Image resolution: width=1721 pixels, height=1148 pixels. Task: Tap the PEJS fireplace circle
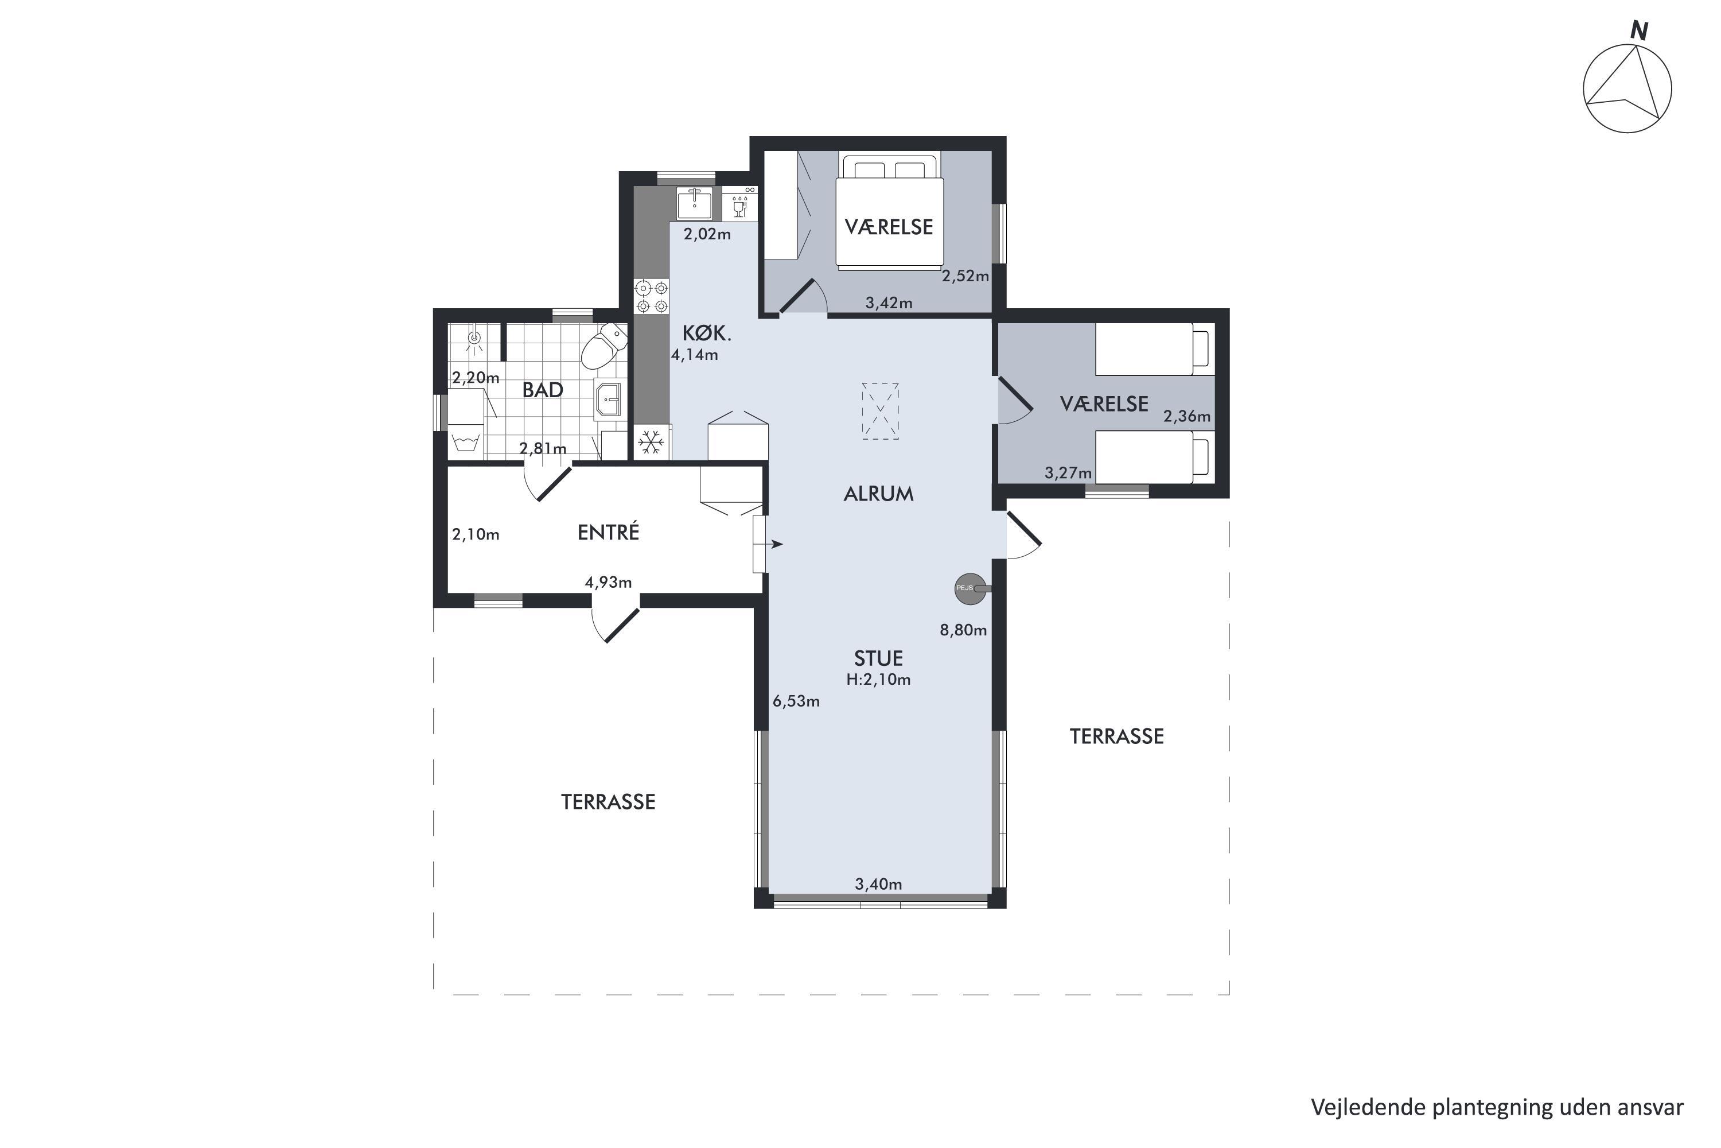click(969, 589)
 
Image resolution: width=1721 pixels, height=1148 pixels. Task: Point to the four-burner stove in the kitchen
click(651, 297)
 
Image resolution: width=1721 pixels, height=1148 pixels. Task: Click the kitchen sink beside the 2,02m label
click(694, 203)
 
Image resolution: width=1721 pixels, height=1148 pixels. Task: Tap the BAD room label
click(543, 390)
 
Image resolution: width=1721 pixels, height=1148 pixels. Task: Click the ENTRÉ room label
click(608, 532)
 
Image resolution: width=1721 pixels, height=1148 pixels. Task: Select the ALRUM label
click(879, 494)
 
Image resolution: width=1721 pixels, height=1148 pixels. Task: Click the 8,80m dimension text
click(964, 630)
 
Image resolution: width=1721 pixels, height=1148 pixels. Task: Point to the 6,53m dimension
click(796, 701)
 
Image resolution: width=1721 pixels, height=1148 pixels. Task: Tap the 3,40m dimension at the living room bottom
click(879, 885)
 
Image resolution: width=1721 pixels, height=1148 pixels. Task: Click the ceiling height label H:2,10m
click(879, 680)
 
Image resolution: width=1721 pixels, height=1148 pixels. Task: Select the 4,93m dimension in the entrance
click(608, 583)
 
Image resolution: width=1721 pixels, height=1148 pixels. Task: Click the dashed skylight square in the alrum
click(880, 411)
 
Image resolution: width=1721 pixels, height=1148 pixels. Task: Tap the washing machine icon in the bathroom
click(466, 441)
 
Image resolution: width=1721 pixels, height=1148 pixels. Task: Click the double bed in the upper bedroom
click(889, 210)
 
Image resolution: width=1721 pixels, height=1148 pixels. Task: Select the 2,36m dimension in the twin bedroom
click(1187, 417)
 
